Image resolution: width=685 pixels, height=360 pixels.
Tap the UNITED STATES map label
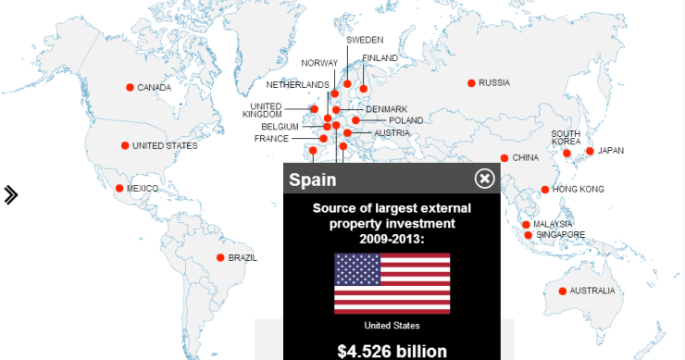coord(165,146)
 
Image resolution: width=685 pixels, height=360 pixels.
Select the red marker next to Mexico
coord(119,189)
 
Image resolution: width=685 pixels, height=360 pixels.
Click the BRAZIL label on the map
coord(243,258)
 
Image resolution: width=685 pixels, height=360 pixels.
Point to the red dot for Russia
coord(472,83)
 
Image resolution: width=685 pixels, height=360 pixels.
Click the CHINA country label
coord(525,158)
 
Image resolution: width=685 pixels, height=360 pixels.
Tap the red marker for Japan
coord(590,151)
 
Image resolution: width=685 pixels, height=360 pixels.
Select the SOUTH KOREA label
coord(566,137)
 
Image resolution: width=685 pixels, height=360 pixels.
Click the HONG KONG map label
coord(579,190)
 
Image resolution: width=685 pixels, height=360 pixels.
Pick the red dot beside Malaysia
coord(526,225)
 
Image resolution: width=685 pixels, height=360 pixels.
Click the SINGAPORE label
coord(561,235)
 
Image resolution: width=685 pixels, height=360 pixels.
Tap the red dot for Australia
coord(563,292)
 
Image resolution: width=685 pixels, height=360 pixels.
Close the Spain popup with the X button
coord(485,179)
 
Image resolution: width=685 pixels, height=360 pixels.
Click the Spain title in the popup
coord(313,180)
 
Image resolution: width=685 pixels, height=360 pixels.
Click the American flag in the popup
coord(392,283)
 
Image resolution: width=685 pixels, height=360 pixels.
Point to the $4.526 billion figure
coord(392,351)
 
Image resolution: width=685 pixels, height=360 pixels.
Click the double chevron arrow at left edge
coord(11,194)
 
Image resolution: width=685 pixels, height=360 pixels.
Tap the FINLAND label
coord(380,58)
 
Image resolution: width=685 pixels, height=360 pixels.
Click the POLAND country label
coord(405,121)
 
